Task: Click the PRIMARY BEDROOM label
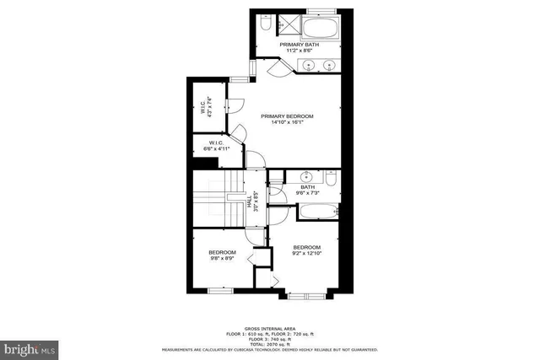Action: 287,116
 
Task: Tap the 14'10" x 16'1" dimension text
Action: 287,122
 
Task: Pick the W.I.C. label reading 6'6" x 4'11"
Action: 215,147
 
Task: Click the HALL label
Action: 251,202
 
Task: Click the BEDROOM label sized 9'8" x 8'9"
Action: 223,255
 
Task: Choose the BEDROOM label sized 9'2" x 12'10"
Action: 307,250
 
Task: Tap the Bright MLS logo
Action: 30,347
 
